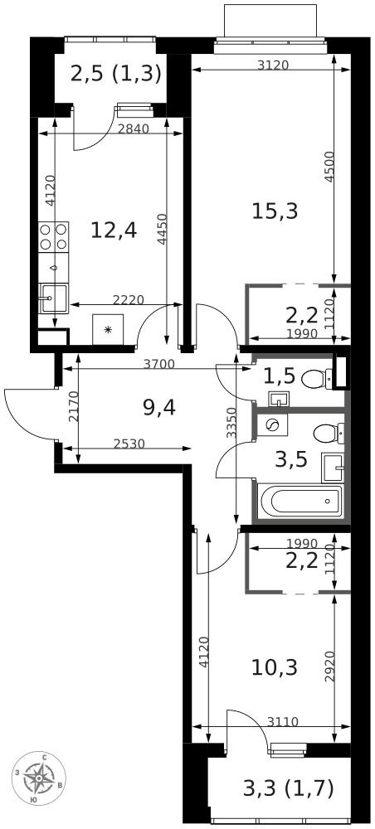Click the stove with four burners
click(x=54, y=237)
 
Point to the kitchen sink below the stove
click(x=54, y=296)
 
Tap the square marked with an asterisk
click(x=108, y=329)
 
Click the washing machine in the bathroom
click(x=274, y=427)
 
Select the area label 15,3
click(x=275, y=211)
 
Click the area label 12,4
click(x=114, y=230)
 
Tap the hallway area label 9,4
click(x=160, y=406)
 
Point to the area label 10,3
click(x=275, y=667)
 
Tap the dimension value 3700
click(x=159, y=364)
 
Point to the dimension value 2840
click(x=134, y=128)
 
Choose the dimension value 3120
click(x=273, y=65)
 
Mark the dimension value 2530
click(x=129, y=444)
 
